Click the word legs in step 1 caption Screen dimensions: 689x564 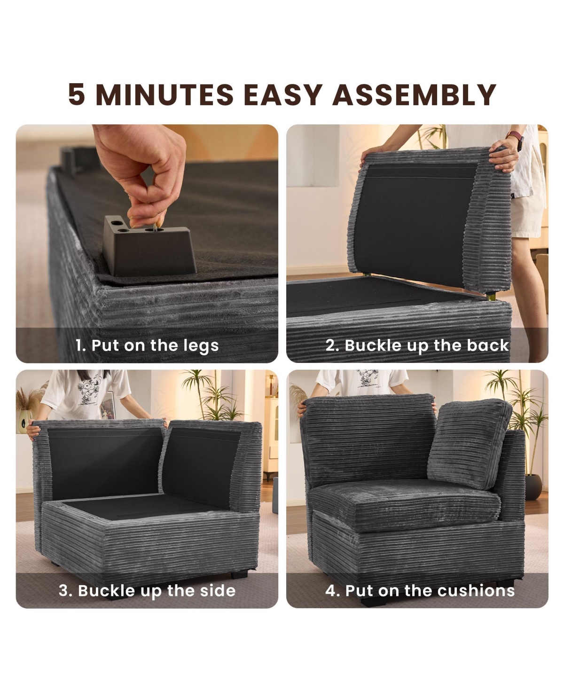[x=201, y=346]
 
